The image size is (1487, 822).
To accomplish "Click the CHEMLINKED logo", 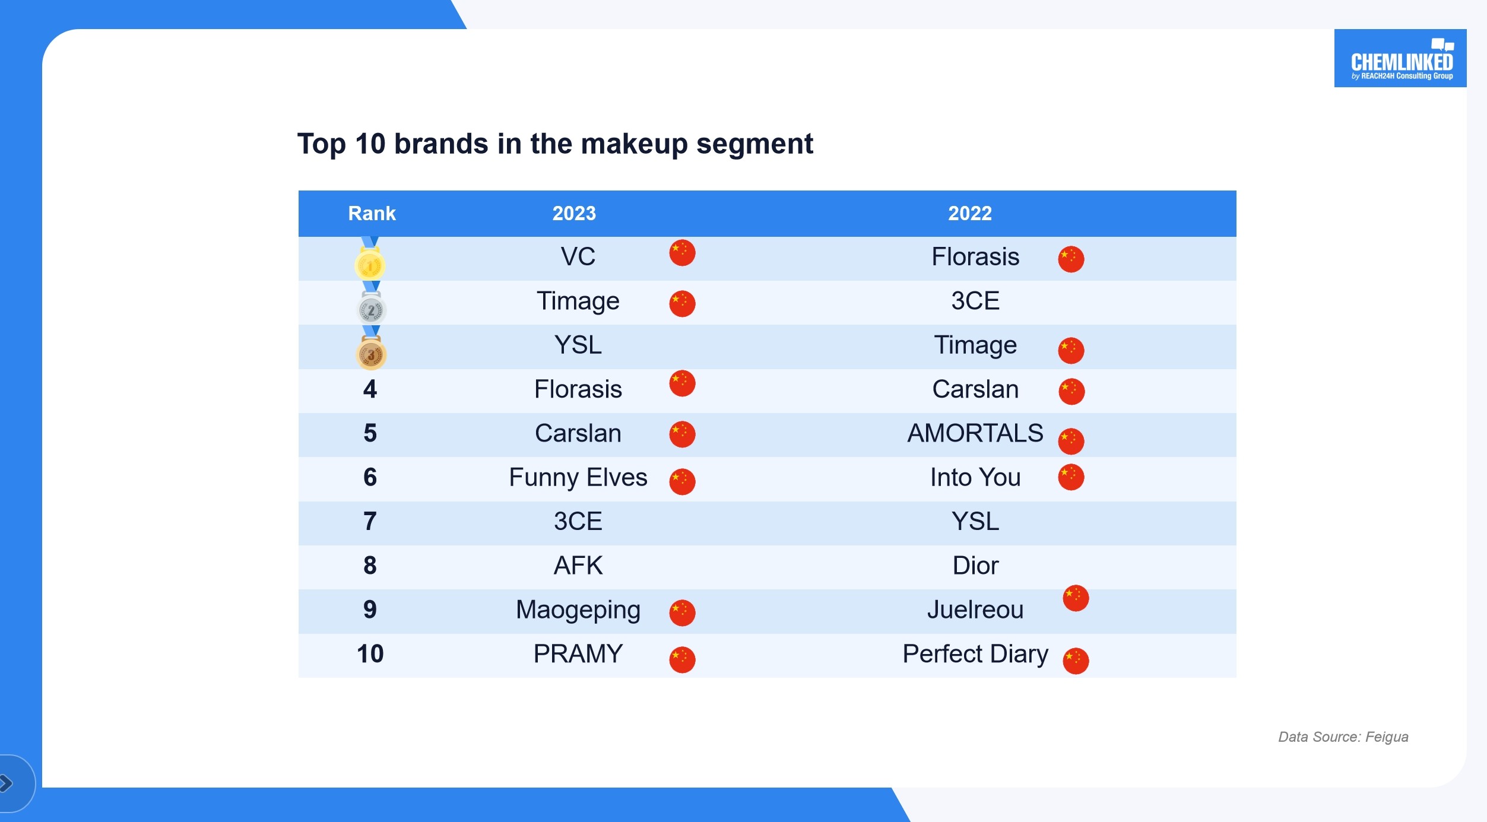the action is [x=1400, y=58].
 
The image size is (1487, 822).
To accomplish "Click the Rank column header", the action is [x=372, y=214].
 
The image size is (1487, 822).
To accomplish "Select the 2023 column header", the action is [x=574, y=214].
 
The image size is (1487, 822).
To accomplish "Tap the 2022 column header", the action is [x=970, y=214].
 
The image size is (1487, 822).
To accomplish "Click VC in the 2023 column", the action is [x=578, y=257].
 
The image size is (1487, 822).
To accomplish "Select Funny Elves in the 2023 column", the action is [x=578, y=478].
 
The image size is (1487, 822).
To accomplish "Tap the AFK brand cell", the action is [x=578, y=566].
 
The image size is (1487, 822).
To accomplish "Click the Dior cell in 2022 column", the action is [x=975, y=566].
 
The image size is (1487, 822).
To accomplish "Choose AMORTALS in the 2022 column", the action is [x=975, y=433].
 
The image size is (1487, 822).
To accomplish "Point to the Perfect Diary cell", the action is [x=975, y=654].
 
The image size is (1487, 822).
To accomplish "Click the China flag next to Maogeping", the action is [x=682, y=612].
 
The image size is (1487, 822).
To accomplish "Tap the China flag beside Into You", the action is [x=1071, y=477].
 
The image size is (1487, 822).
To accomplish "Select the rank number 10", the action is [x=370, y=654].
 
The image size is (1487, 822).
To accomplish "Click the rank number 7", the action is [x=370, y=522].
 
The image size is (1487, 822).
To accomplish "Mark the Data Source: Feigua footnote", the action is [x=1343, y=737].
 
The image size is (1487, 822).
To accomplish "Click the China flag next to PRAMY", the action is [x=682, y=659].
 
